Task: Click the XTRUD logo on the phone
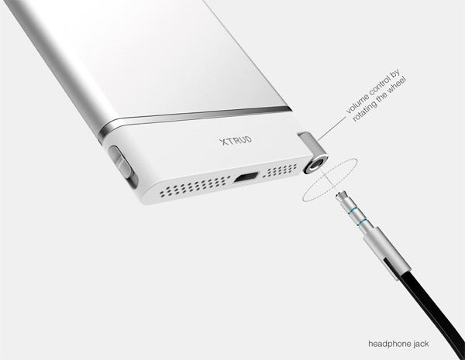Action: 236,140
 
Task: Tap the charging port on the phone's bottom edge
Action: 246,177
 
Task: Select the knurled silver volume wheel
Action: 308,143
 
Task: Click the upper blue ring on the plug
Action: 353,211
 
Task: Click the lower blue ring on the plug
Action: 362,222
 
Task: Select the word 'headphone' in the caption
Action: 387,345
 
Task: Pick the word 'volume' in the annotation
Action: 357,102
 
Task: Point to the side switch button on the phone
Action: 122,163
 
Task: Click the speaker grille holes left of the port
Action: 195,187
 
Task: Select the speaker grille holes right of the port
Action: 280,170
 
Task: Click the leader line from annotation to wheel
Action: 332,129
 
